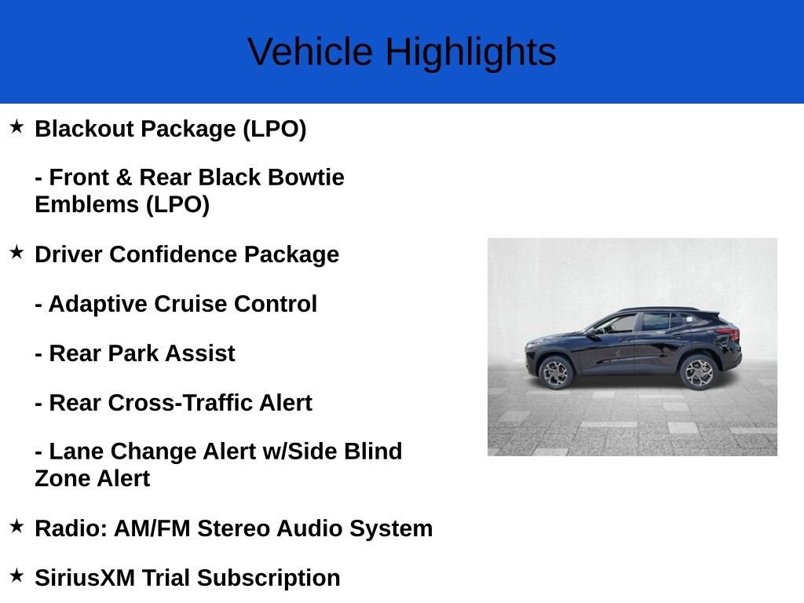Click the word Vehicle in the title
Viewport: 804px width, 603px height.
click(309, 51)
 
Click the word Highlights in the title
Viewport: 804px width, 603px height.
click(471, 53)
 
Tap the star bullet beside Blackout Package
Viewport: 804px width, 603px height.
click(16, 126)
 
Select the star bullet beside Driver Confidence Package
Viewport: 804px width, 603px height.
click(16, 252)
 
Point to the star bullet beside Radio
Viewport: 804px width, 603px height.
click(16, 525)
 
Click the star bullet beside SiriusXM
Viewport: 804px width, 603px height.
click(16, 576)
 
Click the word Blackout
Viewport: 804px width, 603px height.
click(84, 128)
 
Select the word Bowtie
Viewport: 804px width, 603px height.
click(305, 177)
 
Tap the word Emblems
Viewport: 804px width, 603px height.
click(86, 204)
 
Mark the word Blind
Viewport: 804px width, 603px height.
click(373, 451)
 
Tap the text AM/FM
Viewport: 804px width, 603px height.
click(152, 528)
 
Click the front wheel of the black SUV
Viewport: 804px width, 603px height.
click(556, 373)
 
